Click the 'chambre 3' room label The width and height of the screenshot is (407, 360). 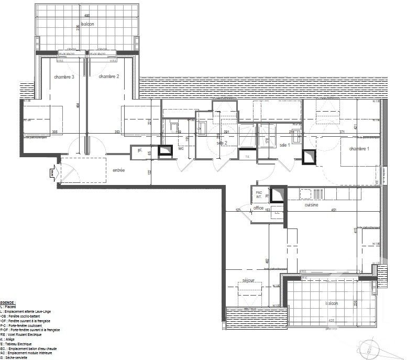point(64,77)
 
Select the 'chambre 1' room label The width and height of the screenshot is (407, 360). point(359,149)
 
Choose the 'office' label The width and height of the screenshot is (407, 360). point(258,209)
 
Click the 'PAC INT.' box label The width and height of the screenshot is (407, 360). point(258,194)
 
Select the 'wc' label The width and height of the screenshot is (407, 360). point(181,148)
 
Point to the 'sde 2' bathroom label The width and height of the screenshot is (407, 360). point(221,143)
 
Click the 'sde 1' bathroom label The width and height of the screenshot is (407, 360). point(284,145)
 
